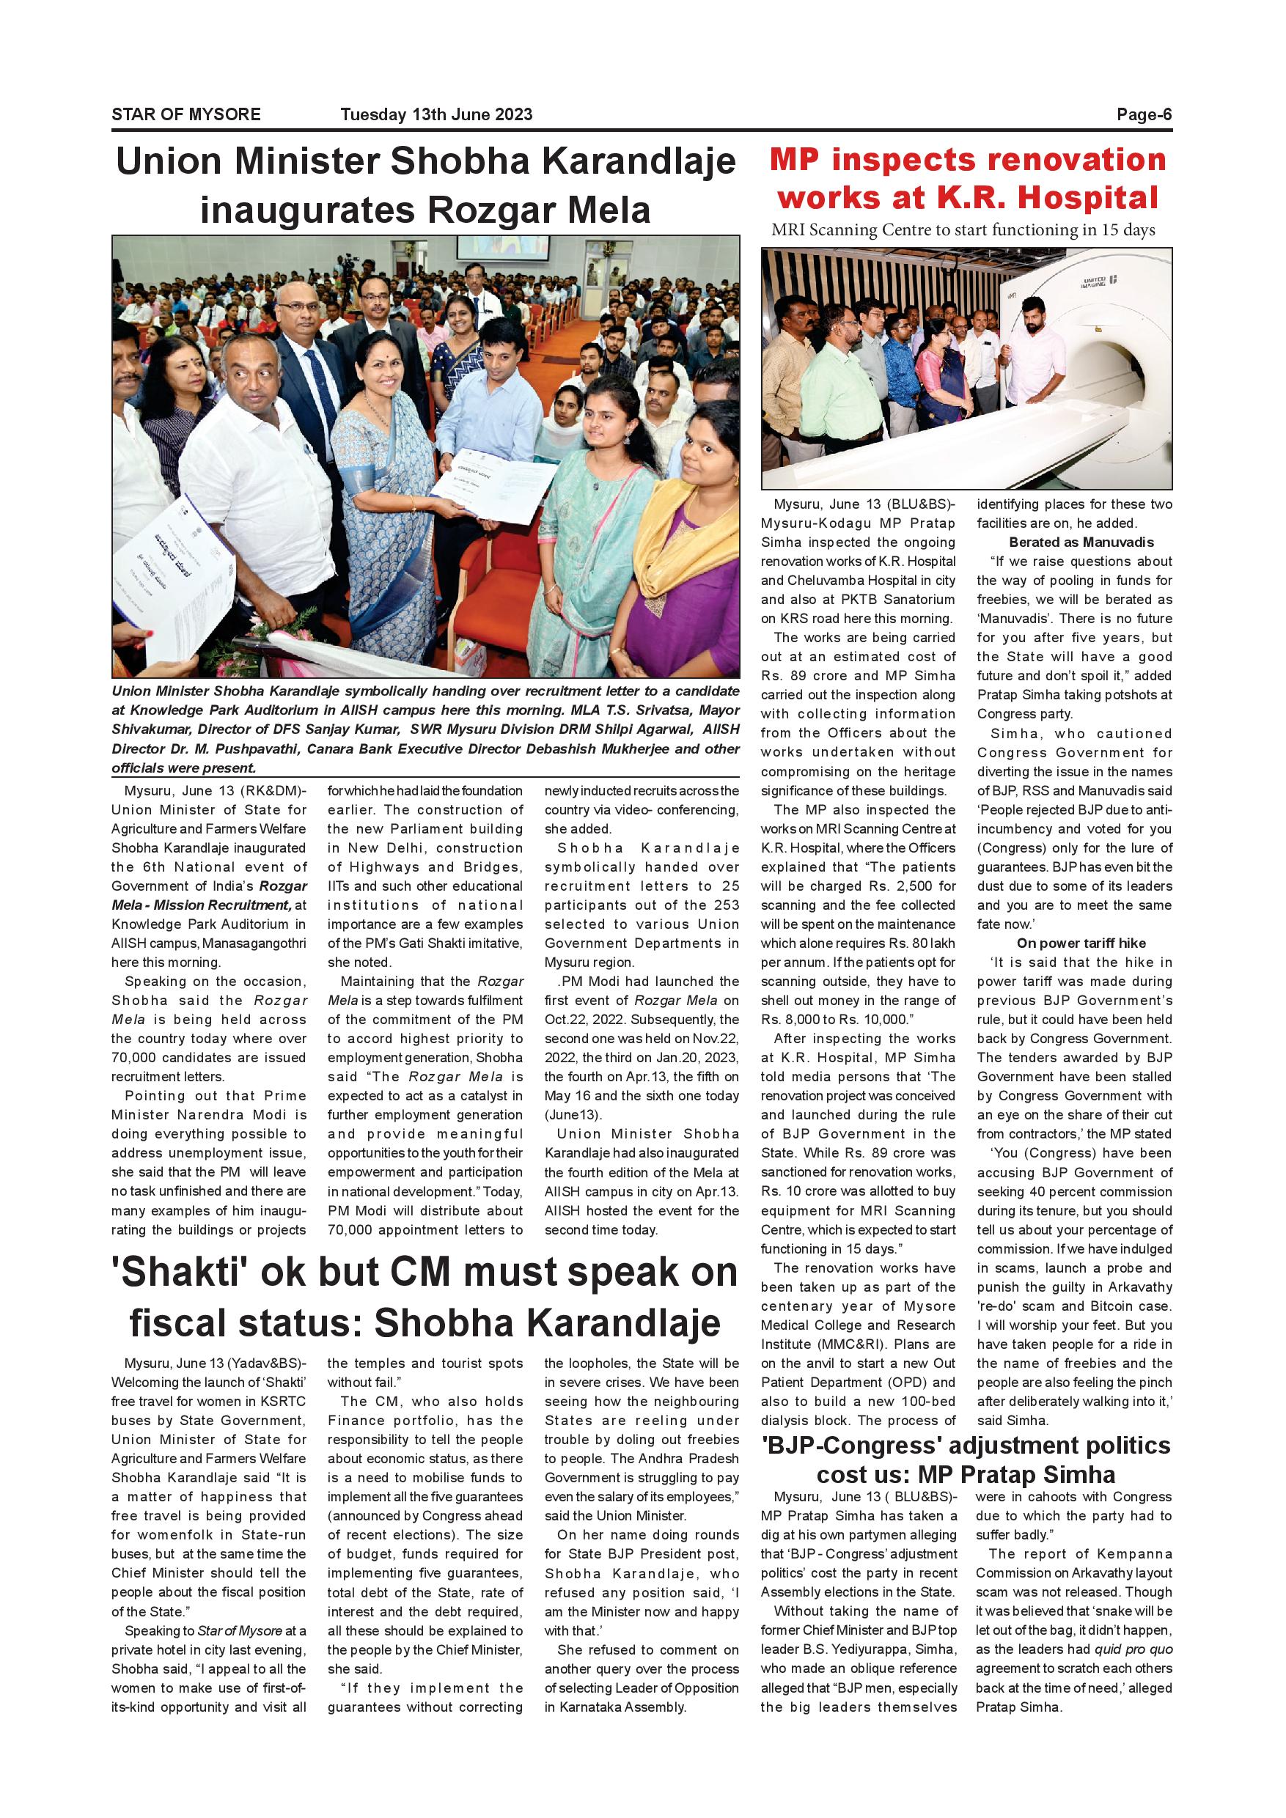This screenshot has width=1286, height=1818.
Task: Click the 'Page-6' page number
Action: pos(1144,114)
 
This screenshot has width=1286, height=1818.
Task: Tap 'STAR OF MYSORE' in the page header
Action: pos(186,114)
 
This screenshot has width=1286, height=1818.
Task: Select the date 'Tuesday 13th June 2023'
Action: pos(436,114)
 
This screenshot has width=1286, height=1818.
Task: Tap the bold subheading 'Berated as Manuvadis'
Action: pos(1081,542)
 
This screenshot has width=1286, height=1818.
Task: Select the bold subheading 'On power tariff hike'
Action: pos(1081,943)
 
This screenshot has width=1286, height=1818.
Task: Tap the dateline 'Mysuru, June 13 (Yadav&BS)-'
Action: pos(215,1363)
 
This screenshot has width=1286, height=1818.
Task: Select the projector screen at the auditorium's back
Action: pos(503,248)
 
